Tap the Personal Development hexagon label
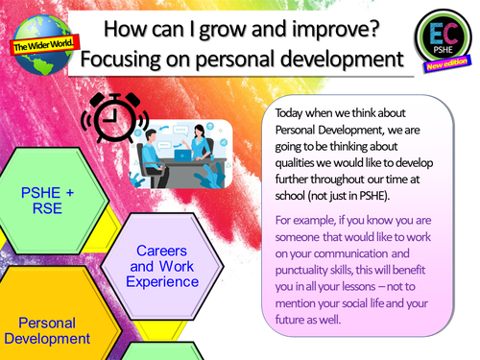pos(46,329)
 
